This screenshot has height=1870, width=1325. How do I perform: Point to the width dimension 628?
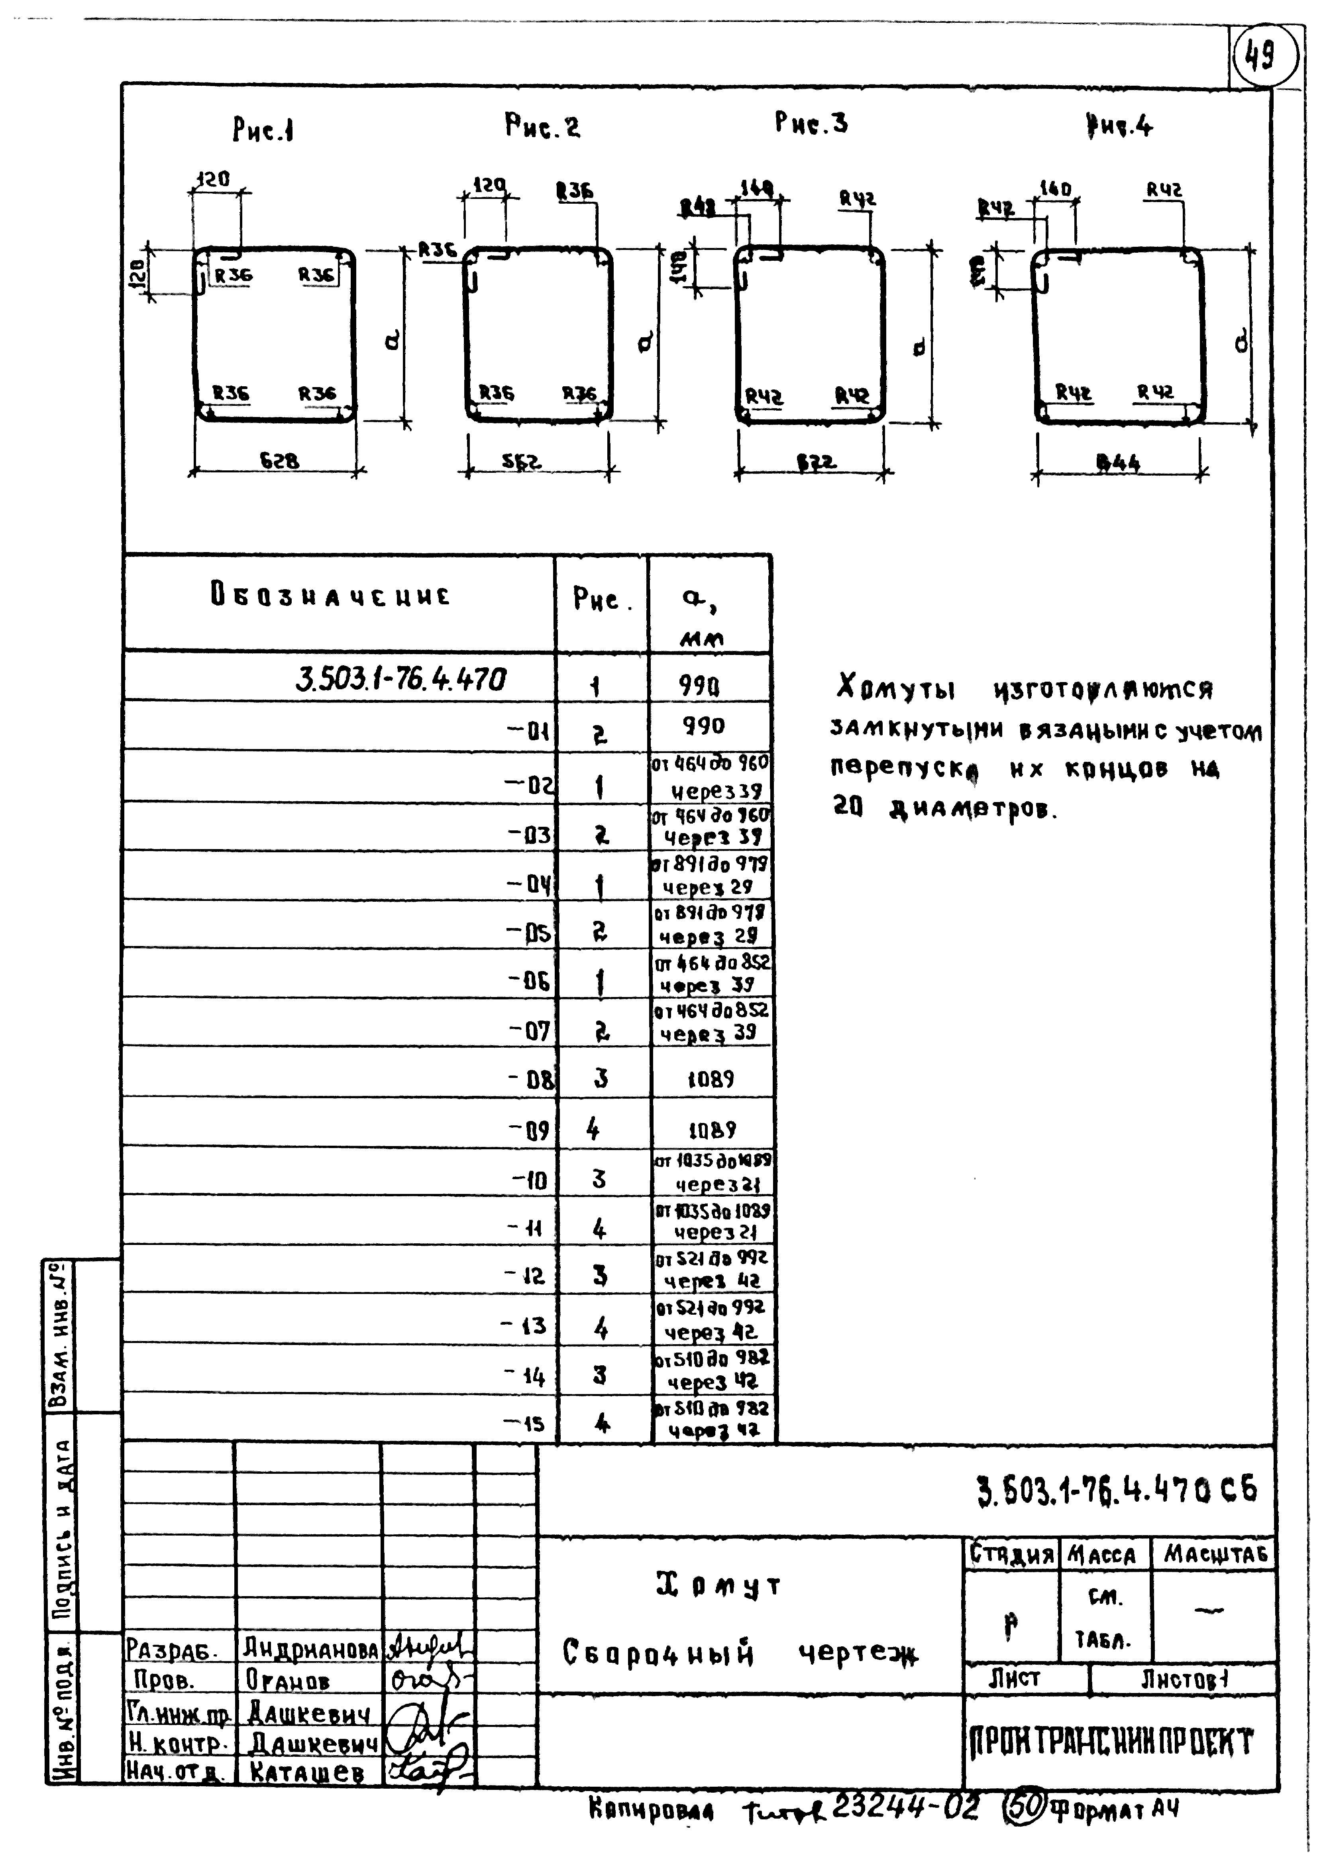click(279, 461)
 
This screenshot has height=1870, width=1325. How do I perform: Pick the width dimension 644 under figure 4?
click(1118, 463)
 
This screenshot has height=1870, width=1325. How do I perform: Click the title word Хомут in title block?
click(718, 1586)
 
